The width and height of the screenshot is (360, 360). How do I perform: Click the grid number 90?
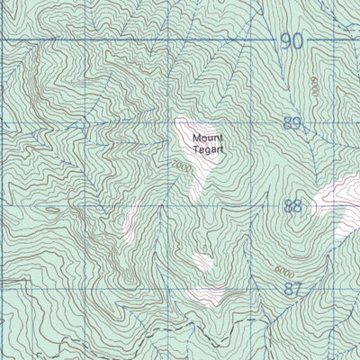(x=290, y=40)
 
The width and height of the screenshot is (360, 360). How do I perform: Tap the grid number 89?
(x=292, y=123)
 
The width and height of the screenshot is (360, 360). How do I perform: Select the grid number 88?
(x=292, y=206)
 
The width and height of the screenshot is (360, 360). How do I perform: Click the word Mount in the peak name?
(x=205, y=139)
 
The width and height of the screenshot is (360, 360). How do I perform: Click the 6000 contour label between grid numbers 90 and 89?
(x=315, y=88)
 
